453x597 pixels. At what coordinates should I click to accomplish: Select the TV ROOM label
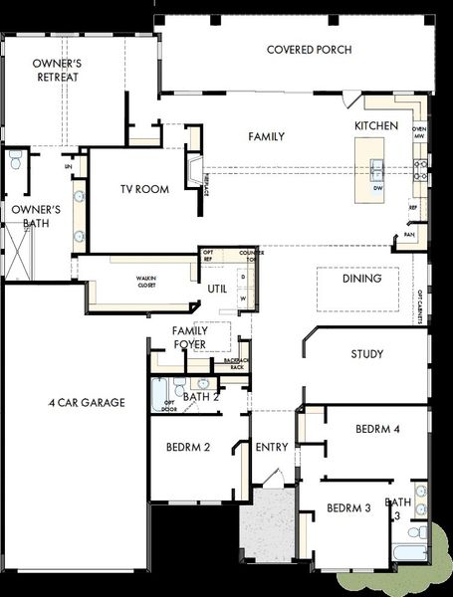click(x=144, y=189)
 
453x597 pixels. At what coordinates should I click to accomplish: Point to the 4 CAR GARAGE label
click(x=87, y=403)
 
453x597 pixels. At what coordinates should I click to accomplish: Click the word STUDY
click(x=366, y=354)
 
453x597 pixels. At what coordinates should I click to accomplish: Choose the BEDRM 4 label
click(x=377, y=429)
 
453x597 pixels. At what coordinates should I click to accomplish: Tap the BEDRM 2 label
click(x=186, y=447)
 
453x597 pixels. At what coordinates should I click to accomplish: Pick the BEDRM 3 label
click(x=348, y=508)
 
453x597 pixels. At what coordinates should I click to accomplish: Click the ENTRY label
click(x=271, y=448)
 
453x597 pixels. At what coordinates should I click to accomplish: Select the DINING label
click(x=361, y=280)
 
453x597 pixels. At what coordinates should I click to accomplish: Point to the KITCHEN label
click(x=376, y=126)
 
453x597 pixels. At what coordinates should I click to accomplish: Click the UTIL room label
click(x=218, y=290)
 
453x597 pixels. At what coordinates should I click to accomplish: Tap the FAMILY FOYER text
click(x=189, y=337)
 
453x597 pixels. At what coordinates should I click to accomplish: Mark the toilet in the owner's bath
click(x=15, y=161)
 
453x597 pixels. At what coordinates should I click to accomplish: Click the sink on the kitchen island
click(x=377, y=166)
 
